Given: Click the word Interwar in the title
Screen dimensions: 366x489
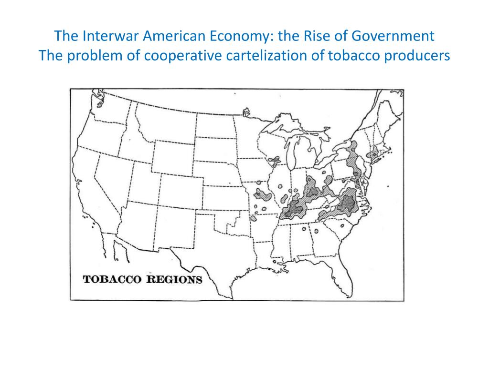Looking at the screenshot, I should pos(106,36).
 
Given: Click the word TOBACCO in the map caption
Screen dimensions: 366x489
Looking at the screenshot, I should pos(112,279).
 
